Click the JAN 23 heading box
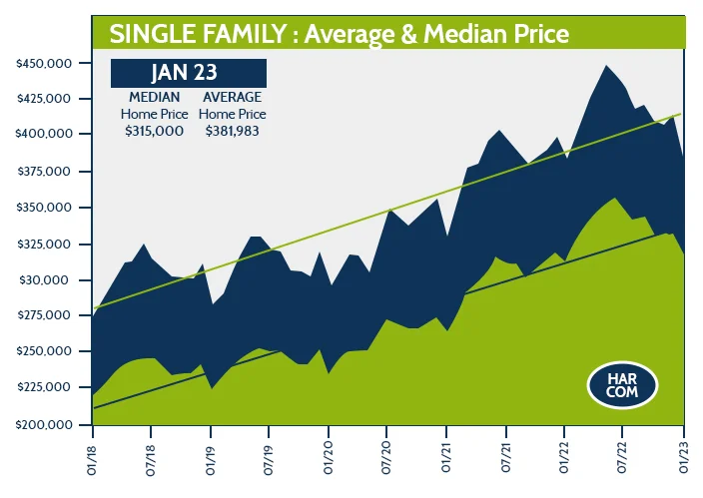tap(189, 73)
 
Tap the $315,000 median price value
tap(155, 131)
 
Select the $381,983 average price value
tap(232, 131)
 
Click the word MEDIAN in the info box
tap(155, 98)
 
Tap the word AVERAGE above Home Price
tap(232, 98)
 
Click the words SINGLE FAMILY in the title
tap(185, 34)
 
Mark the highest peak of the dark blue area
tap(606, 66)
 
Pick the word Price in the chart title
tap(539, 34)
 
